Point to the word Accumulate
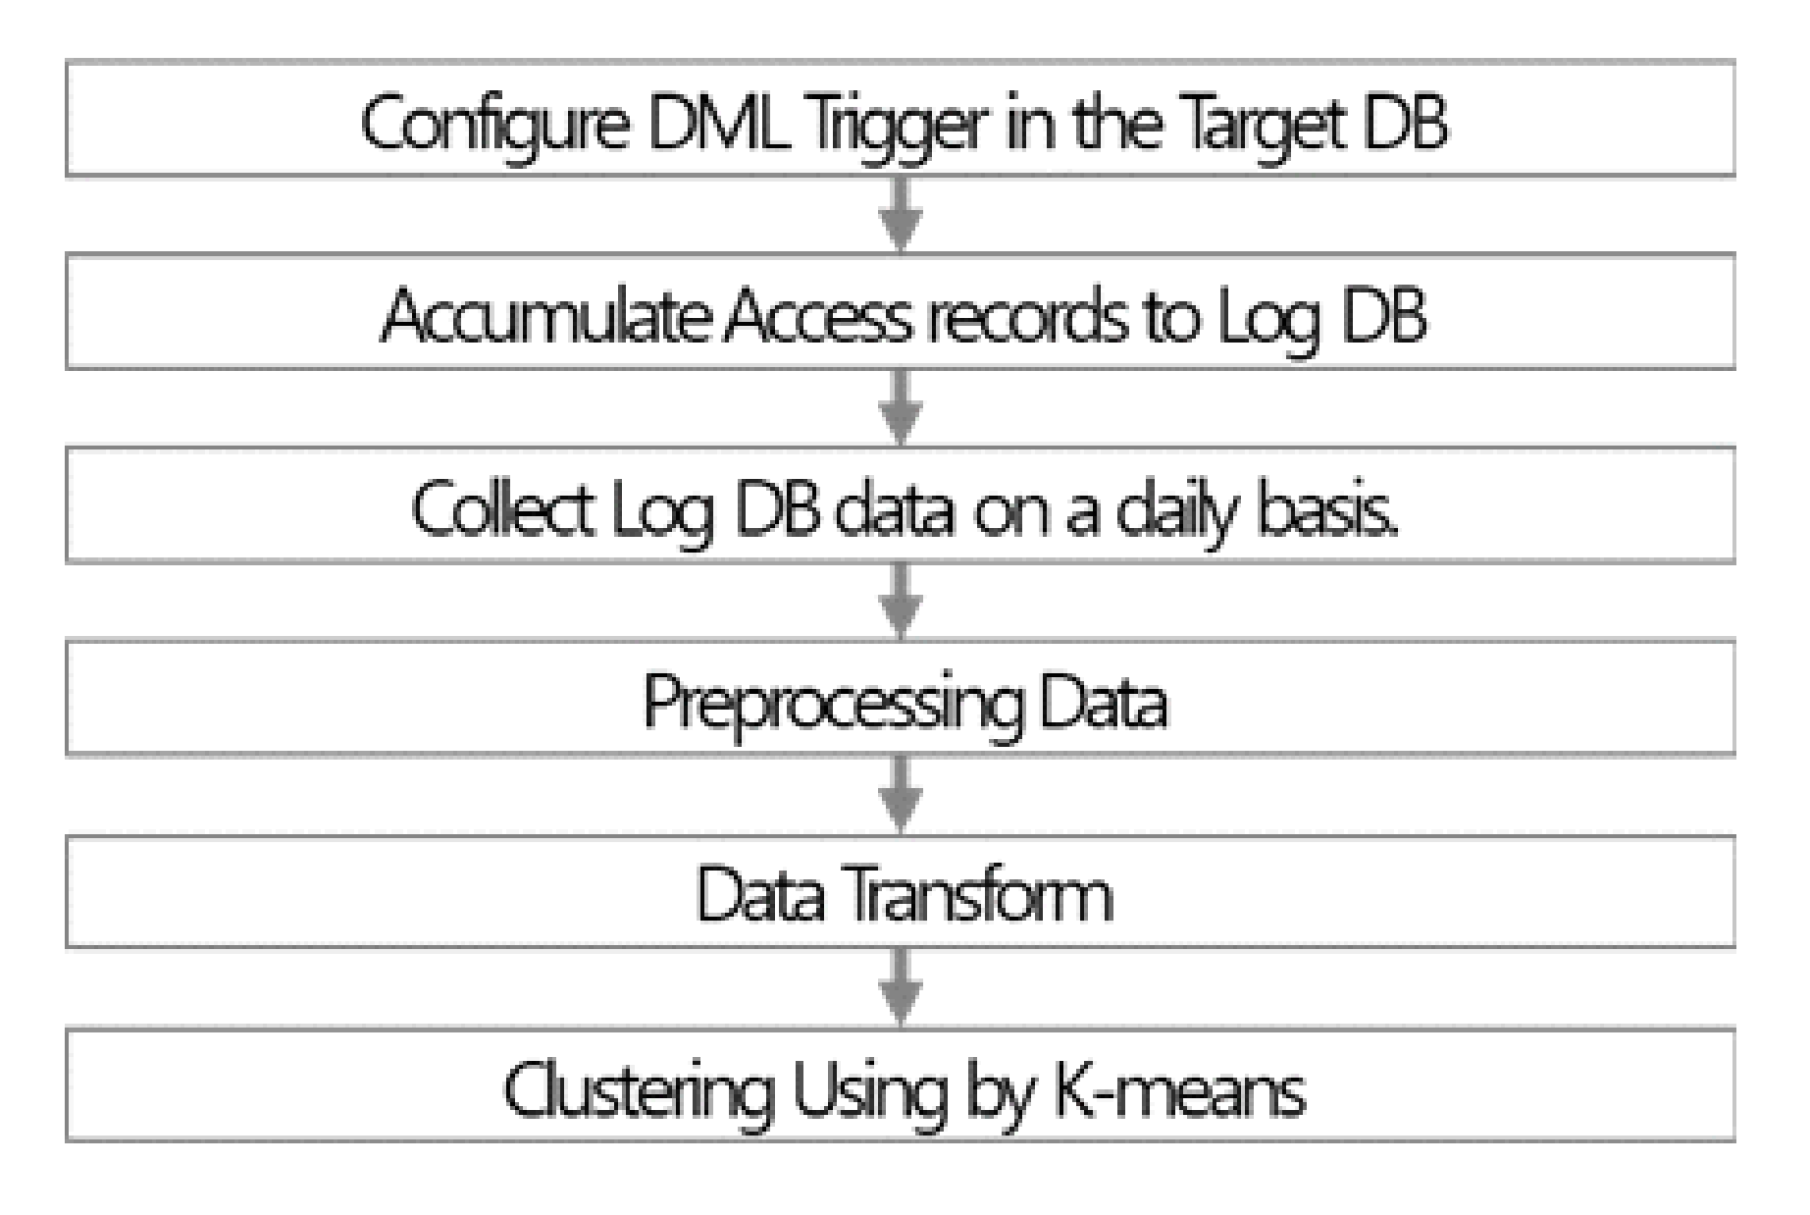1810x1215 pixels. click(544, 316)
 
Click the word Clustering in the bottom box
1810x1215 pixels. click(638, 1089)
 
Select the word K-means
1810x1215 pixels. click(1178, 1089)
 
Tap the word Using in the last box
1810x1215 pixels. click(869, 1089)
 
